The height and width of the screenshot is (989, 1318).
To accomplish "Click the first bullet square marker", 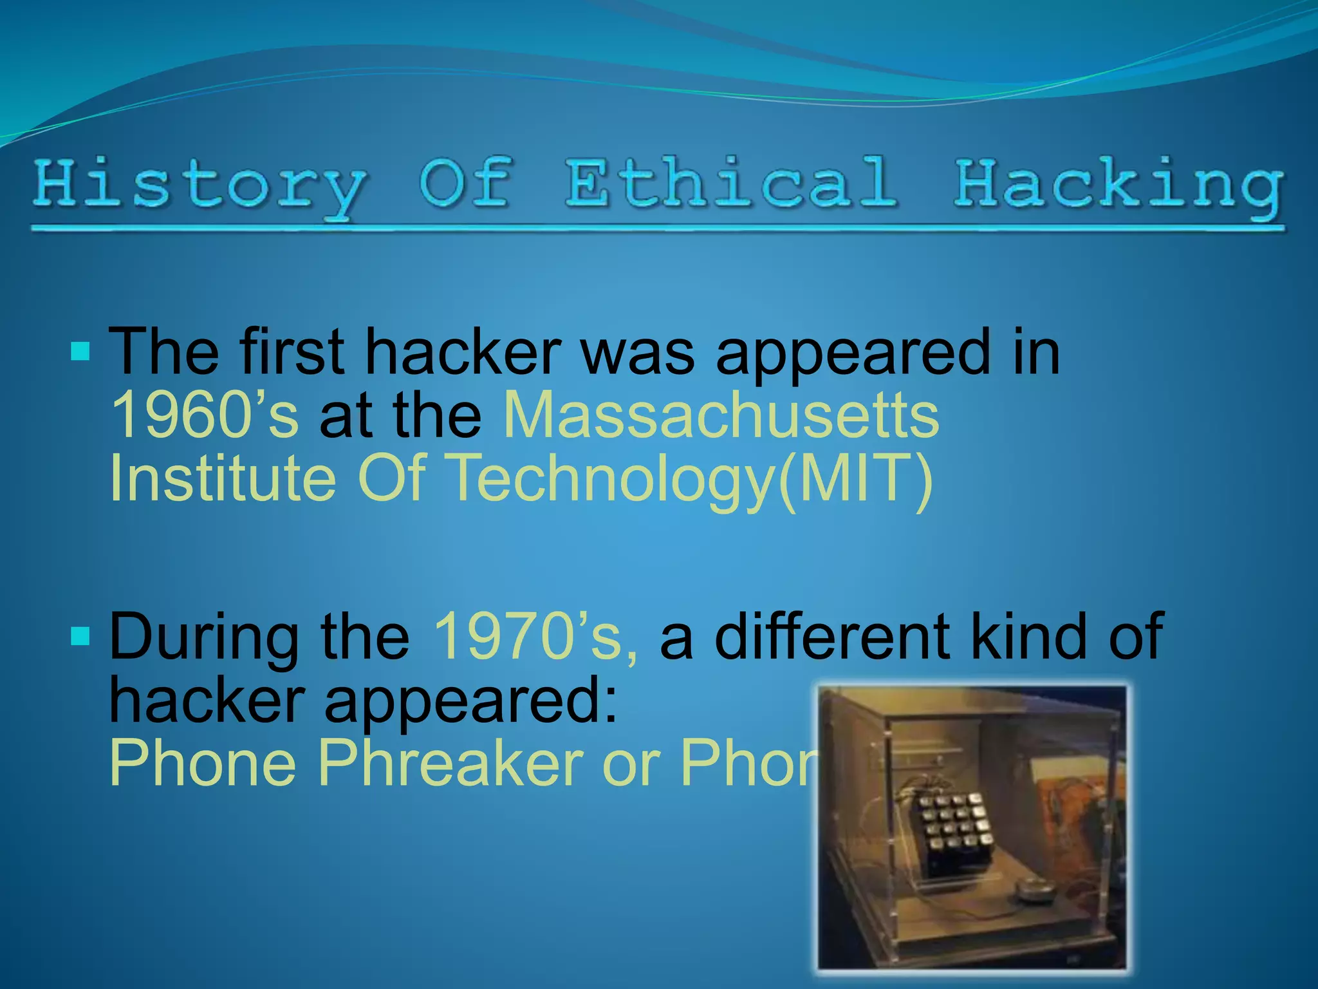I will (x=80, y=352).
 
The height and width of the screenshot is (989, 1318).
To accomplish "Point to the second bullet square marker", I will (x=80, y=636).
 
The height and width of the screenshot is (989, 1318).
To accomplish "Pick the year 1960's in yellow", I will (x=205, y=415).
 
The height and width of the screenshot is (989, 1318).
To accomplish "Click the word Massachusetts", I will (x=721, y=415).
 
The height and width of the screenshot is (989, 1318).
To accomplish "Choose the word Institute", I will (x=223, y=478).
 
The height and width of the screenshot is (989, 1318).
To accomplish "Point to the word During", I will (x=203, y=637).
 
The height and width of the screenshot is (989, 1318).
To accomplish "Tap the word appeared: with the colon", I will (x=470, y=702).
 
